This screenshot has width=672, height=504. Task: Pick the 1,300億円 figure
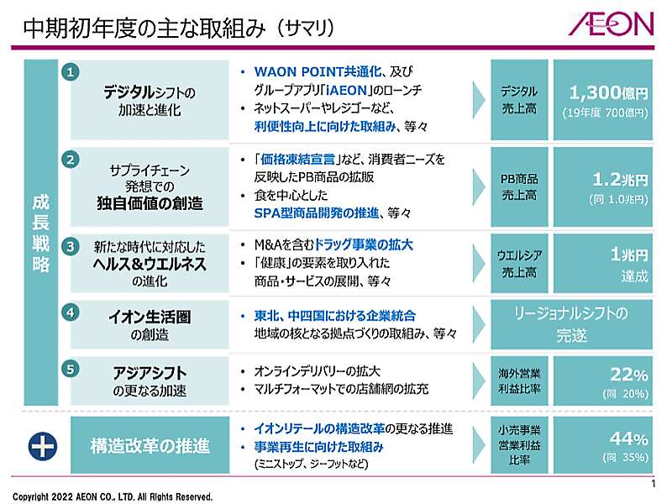[x=608, y=92]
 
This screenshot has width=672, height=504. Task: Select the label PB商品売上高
[x=518, y=187]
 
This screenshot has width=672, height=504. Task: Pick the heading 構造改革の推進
[x=150, y=446]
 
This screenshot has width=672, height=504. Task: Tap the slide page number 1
[x=654, y=486]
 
